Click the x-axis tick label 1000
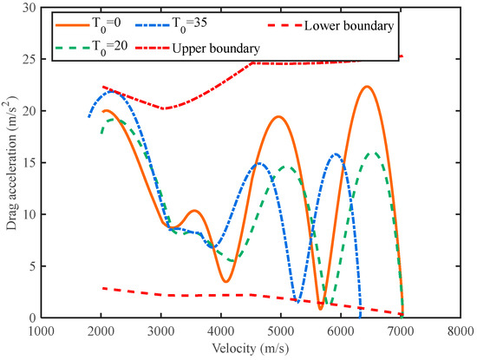tap(42, 331)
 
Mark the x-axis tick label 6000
tap(341, 331)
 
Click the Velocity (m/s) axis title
tap(250, 348)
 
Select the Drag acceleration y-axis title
tap(10, 162)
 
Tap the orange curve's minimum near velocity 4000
tap(225, 281)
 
